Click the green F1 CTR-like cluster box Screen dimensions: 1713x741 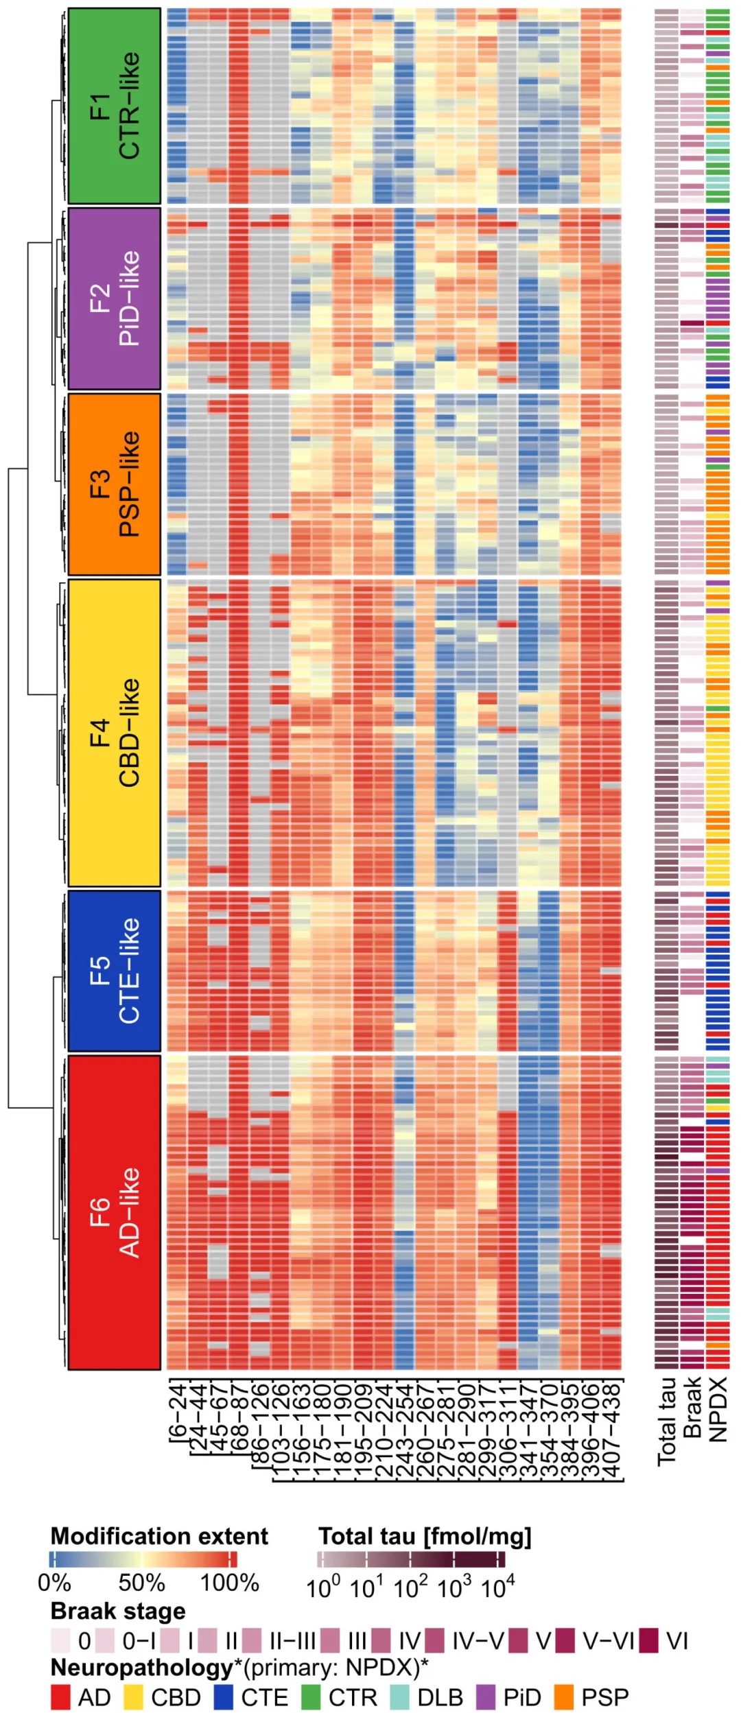(x=114, y=106)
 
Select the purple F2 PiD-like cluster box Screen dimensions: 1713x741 (x=114, y=298)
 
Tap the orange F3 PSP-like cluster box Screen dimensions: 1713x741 (x=114, y=484)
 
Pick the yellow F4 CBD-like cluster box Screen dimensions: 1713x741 (x=114, y=733)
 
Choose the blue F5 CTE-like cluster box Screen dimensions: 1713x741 (x=114, y=971)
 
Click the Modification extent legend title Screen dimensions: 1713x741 (x=159, y=1536)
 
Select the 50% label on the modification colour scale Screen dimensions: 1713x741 (x=141, y=1583)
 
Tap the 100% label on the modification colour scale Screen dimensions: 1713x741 (x=229, y=1583)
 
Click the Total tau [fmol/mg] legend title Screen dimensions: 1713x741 (x=425, y=1536)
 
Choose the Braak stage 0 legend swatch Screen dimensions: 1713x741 (x=60, y=1641)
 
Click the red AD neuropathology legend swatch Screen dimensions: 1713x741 (x=60, y=1697)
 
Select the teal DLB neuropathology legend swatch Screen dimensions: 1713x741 (x=400, y=1697)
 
